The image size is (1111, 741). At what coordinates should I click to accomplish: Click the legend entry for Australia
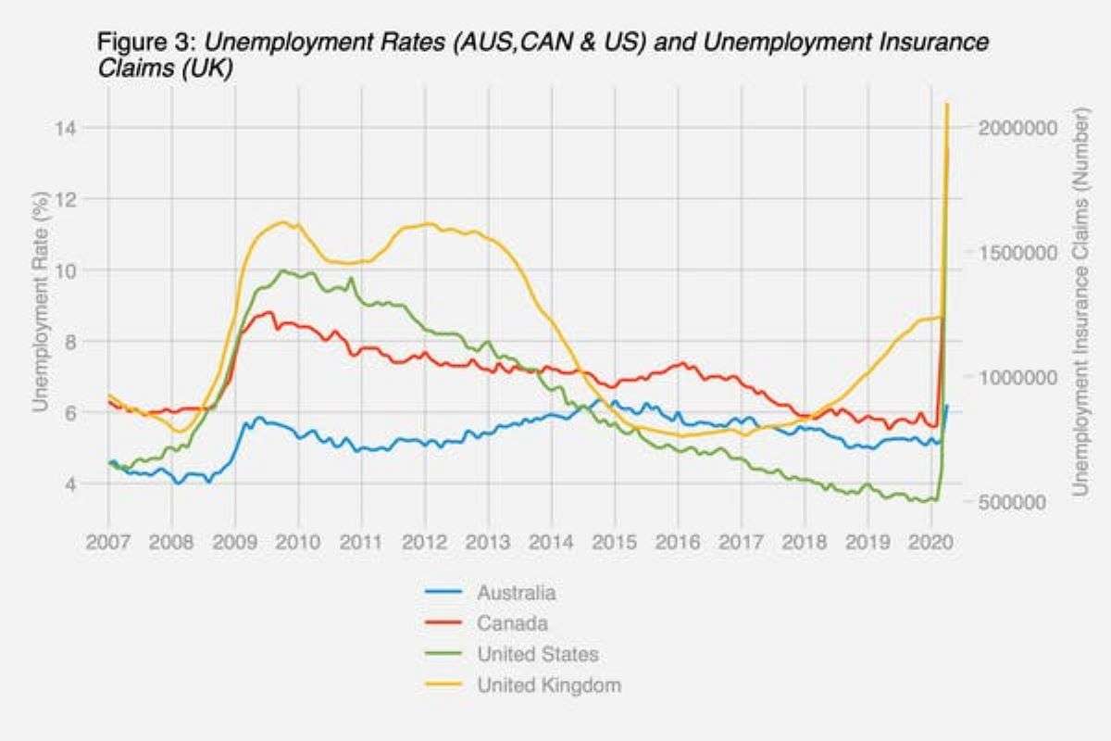(516, 592)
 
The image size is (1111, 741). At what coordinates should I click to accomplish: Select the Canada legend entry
(512, 622)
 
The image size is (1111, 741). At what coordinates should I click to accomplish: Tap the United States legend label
(537, 654)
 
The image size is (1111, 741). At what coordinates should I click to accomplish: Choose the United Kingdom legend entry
(548, 685)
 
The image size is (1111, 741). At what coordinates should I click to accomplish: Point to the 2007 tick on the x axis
(108, 539)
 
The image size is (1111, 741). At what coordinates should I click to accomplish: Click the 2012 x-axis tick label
(425, 539)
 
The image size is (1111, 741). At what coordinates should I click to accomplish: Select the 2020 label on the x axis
(930, 539)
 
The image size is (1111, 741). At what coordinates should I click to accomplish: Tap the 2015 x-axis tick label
(615, 539)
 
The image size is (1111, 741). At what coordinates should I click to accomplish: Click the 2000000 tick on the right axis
(1018, 127)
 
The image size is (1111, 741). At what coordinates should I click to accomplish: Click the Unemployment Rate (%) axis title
(40, 301)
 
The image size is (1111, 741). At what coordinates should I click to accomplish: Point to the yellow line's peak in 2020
(947, 104)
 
